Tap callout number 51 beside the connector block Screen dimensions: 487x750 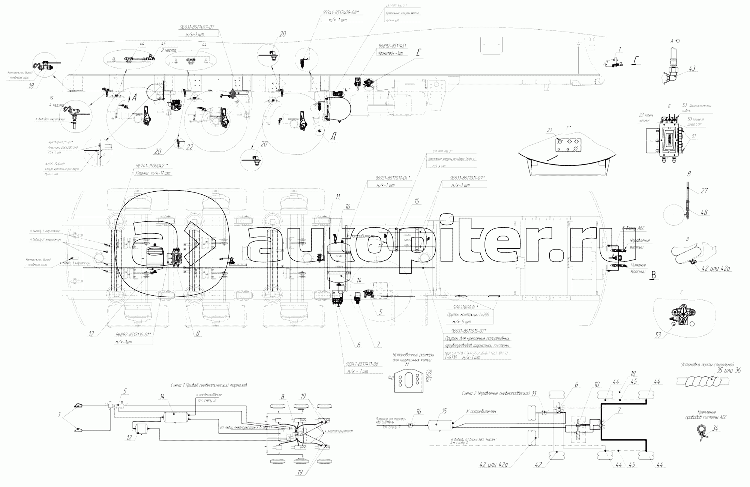tap(694, 136)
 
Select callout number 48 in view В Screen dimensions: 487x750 tap(704, 212)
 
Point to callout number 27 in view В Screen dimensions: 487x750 tap(704, 191)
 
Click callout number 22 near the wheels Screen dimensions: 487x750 tap(190, 148)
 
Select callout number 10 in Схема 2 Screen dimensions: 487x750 tap(597, 384)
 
